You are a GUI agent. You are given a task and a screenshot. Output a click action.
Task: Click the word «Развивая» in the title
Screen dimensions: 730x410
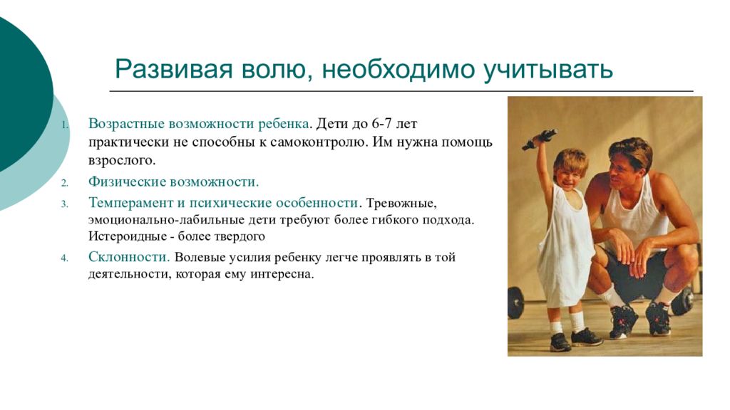click(173, 69)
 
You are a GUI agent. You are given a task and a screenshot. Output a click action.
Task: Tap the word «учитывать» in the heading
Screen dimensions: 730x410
click(547, 70)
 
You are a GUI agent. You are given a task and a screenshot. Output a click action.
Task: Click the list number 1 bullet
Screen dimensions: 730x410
click(65, 125)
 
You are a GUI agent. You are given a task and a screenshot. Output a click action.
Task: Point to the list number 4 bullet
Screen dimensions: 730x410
click(65, 258)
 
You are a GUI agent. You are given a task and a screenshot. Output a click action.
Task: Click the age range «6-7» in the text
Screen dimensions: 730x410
click(382, 124)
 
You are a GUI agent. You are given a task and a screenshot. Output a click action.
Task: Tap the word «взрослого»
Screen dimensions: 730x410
click(121, 161)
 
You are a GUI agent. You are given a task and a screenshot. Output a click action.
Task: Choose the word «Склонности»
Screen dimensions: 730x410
click(129, 256)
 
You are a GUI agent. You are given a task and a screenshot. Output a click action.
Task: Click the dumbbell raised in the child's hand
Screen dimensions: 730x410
click(539, 140)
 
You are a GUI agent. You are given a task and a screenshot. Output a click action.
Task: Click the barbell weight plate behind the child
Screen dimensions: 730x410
click(516, 303)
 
